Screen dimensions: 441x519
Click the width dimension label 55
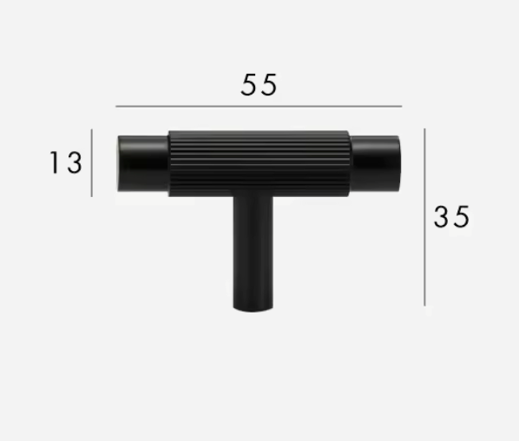click(259, 85)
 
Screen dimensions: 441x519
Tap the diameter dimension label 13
click(65, 162)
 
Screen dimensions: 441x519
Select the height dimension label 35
click(451, 216)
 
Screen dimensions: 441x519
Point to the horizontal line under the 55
click(259, 107)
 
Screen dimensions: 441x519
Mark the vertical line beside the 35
click(425, 217)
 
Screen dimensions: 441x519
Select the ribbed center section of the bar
click(259, 162)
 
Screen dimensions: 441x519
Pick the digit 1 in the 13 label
click(55, 162)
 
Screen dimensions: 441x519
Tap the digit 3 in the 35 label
click(442, 216)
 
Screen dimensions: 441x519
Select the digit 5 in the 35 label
click(461, 216)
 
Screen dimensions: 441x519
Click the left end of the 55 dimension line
click(116, 107)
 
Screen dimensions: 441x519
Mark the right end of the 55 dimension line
click(401, 107)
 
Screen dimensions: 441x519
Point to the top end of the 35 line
click(425, 129)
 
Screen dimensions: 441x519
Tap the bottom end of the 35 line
click(425, 305)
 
